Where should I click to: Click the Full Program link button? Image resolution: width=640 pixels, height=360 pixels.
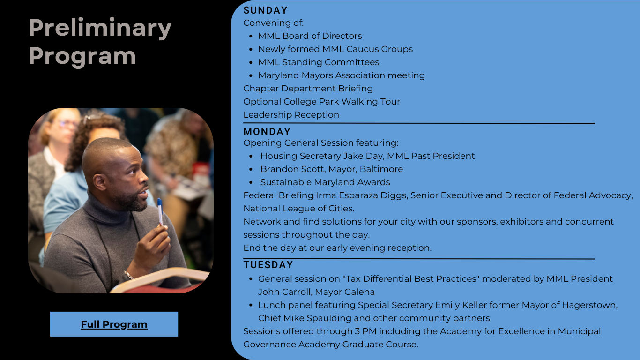pyautogui.click(x=114, y=324)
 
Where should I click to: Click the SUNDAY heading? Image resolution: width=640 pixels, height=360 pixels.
pyautogui.click(x=266, y=10)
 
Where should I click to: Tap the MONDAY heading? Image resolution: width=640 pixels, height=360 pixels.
pyautogui.click(x=267, y=132)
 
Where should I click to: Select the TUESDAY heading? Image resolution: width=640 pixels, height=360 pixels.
pyautogui.click(x=268, y=265)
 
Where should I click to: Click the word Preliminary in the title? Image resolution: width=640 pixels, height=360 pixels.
pyautogui.click(x=100, y=28)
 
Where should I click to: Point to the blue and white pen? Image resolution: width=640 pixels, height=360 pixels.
pyautogui.click(x=160, y=211)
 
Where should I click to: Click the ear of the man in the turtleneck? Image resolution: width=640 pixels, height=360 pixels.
pyautogui.click(x=100, y=182)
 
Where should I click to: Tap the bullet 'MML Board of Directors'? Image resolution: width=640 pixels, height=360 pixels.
pyautogui.click(x=310, y=36)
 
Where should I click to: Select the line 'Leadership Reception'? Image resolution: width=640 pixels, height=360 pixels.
pyautogui.click(x=291, y=115)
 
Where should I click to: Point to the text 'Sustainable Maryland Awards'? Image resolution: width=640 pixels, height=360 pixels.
pyautogui.click(x=325, y=182)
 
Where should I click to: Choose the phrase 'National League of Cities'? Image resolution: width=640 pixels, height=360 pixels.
pyautogui.click(x=298, y=209)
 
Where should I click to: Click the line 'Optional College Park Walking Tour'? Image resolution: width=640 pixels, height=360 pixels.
pyautogui.click(x=322, y=102)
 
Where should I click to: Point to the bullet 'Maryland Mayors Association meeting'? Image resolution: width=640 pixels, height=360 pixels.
pyautogui.click(x=342, y=75)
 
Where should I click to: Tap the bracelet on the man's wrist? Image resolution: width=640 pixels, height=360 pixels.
pyautogui.click(x=128, y=275)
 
